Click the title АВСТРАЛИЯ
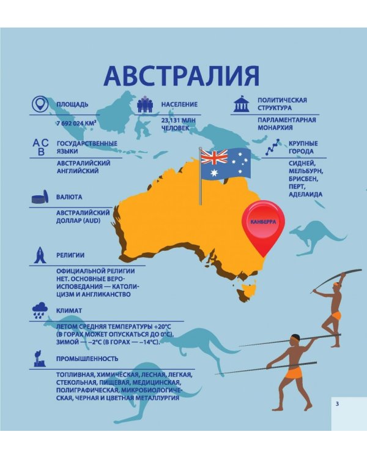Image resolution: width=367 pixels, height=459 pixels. (x=182, y=76)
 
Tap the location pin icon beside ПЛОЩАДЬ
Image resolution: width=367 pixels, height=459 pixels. (x=40, y=104)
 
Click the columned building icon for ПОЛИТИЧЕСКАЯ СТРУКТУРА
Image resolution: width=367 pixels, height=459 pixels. (x=241, y=104)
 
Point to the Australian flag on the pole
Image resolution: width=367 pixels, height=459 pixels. (x=226, y=164)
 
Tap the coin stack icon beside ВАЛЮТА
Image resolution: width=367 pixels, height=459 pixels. (x=40, y=198)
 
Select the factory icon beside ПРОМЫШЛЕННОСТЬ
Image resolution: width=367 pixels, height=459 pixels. (x=40, y=357)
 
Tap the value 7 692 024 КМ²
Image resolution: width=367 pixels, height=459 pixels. (x=76, y=122)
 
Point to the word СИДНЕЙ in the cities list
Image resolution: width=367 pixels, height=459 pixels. (x=302, y=164)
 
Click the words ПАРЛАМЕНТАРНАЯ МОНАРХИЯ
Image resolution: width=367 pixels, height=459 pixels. (x=286, y=124)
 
